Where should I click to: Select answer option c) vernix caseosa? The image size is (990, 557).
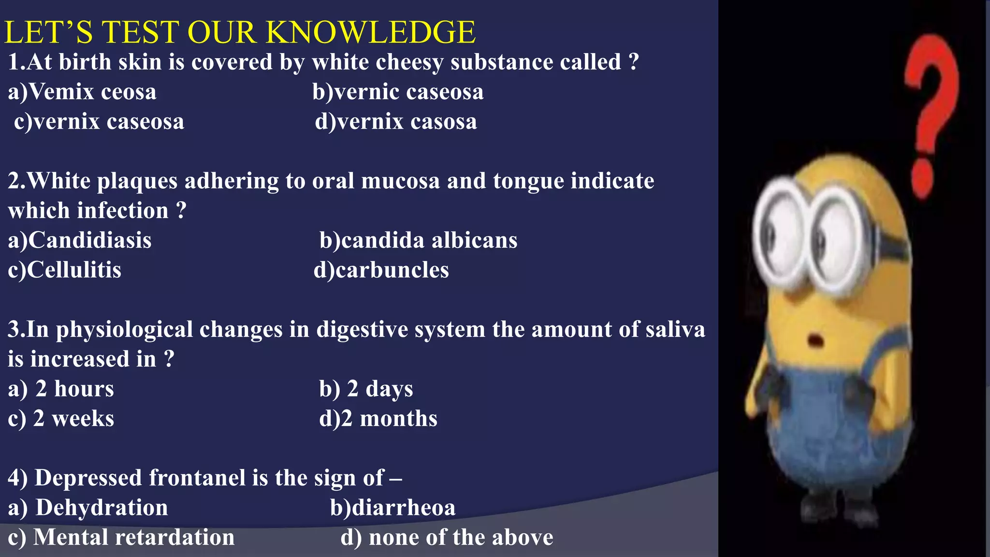click(x=99, y=121)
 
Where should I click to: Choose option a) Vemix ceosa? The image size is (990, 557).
click(x=82, y=92)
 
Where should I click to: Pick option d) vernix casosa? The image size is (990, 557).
click(x=396, y=121)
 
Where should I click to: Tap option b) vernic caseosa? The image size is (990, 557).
click(x=398, y=92)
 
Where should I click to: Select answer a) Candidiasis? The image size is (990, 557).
click(x=80, y=240)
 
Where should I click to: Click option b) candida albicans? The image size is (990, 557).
click(x=418, y=240)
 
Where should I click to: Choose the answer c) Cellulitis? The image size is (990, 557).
click(x=64, y=270)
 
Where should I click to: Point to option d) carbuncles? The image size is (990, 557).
click(x=381, y=270)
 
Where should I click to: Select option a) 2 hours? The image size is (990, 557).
click(x=61, y=389)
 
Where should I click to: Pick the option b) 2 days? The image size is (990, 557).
click(x=366, y=389)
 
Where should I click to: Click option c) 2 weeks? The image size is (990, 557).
click(x=61, y=419)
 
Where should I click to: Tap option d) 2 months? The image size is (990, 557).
click(x=378, y=419)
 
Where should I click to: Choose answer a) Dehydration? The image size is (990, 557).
click(x=88, y=508)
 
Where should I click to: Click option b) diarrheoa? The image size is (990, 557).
click(x=393, y=508)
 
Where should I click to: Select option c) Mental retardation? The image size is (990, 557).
click(x=121, y=537)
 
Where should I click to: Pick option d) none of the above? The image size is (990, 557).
click(x=447, y=537)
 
